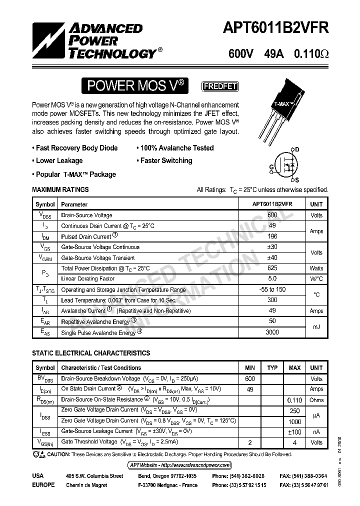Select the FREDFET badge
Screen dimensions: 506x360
(x=220, y=86)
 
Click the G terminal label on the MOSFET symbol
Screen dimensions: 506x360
(x=271, y=166)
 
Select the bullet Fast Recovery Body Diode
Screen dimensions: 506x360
(x=75, y=148)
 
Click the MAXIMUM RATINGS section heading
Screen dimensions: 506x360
(x=60, y=190)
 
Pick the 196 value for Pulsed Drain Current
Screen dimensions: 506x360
(x=272, y=236)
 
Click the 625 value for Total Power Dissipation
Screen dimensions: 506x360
(x=272, y=268)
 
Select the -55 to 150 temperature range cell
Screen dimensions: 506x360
(x=272, y=290)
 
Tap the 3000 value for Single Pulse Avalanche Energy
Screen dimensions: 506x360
(x=272, y=332)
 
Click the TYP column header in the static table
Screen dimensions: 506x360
(x=272, y=368)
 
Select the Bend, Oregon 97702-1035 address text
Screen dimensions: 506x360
(x=167, y=476)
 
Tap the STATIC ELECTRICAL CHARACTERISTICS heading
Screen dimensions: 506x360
(x=91, y=353)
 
